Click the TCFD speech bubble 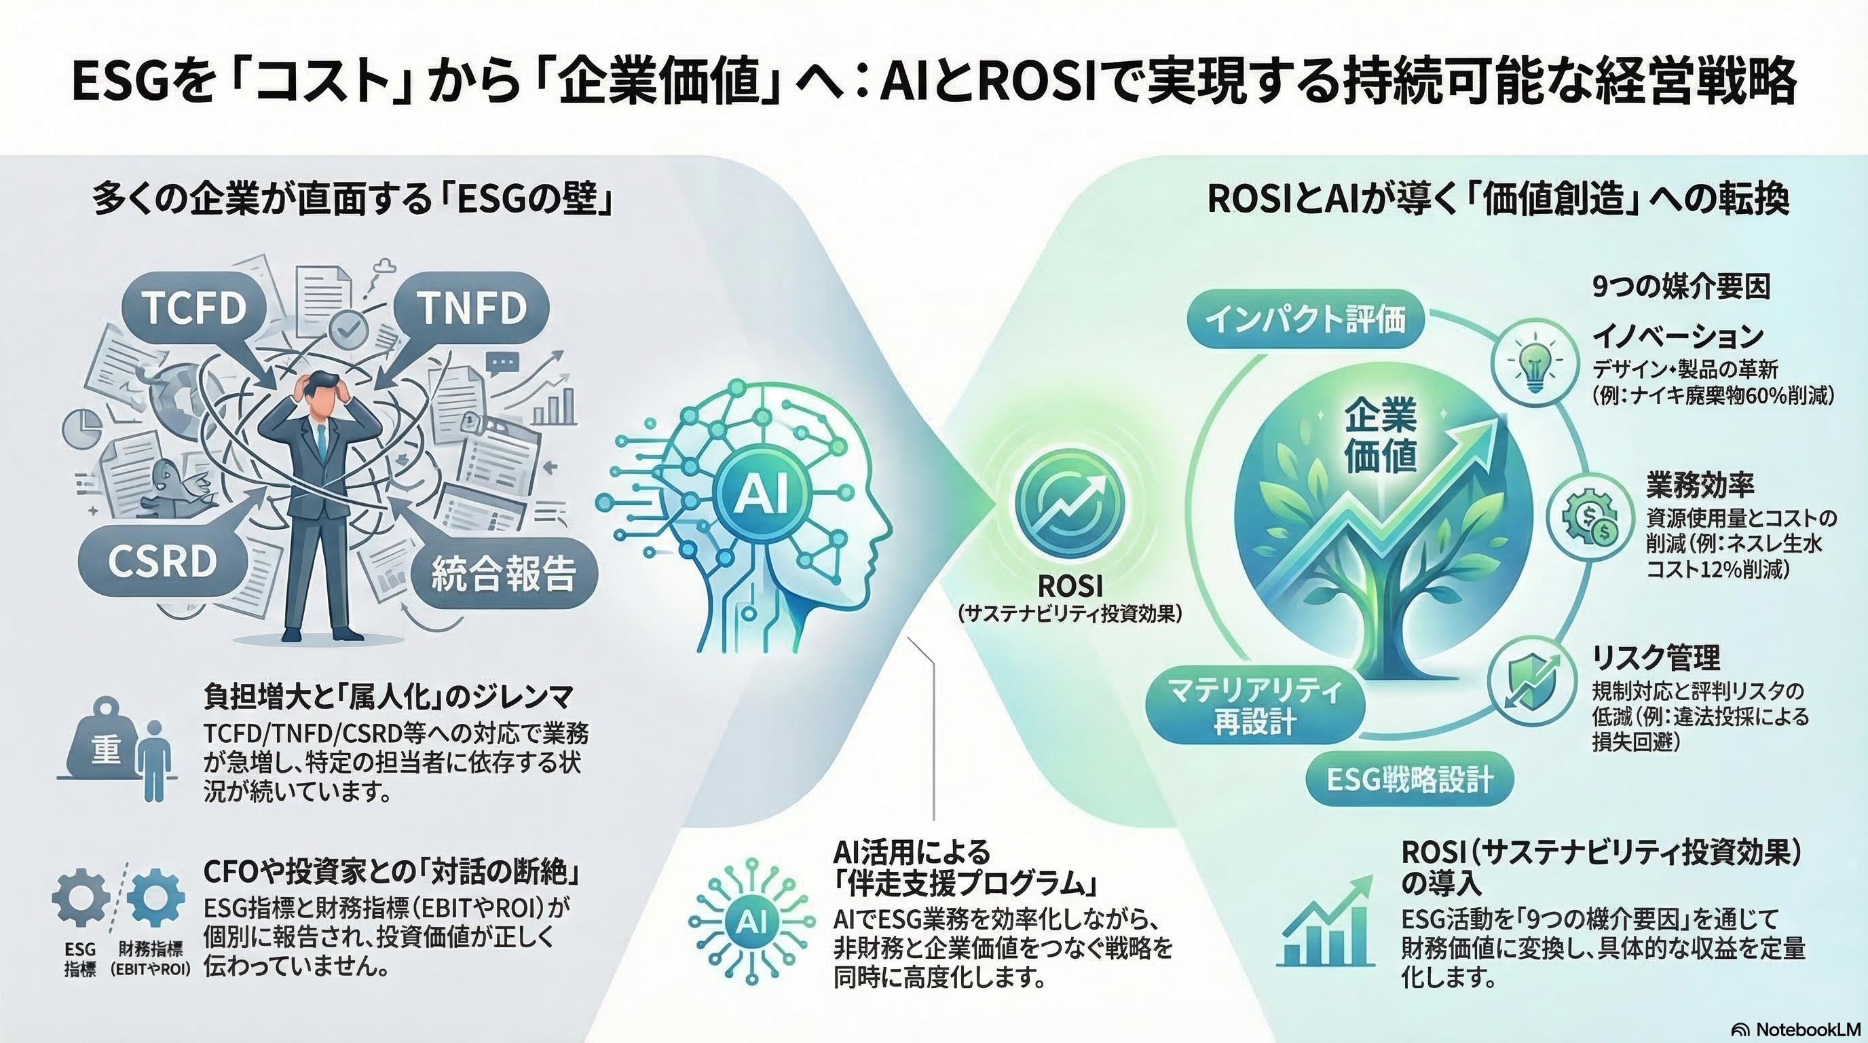tap(193, 308)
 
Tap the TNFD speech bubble tap(472, 308)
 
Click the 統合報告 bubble tap(503, 573)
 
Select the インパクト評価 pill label tap(1306, 320)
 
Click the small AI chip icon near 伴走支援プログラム tap(747, 921)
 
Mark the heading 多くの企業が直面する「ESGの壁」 tap(352, 201)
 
